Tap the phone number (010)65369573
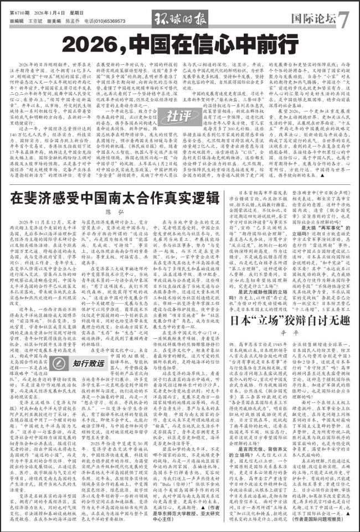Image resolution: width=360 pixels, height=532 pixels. point(104,20)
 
